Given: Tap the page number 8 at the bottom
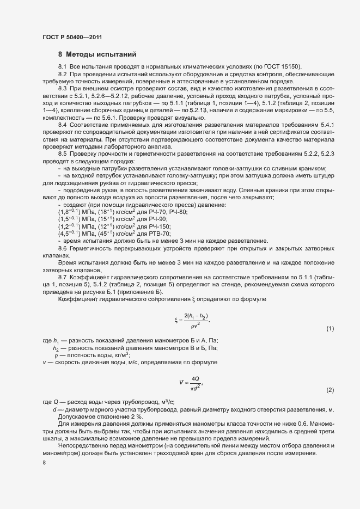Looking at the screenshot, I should click(44, 463).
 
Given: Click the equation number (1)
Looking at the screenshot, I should click(330, 329).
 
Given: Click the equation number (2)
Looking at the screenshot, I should click(330, 390).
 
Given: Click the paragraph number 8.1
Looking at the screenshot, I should click(62, 66).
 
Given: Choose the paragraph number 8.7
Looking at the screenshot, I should click(62, 277).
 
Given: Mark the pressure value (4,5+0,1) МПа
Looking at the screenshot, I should click(76, 234).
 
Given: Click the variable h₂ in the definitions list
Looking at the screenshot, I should click(56, 348).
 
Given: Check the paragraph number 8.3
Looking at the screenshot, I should click(62, 88).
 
